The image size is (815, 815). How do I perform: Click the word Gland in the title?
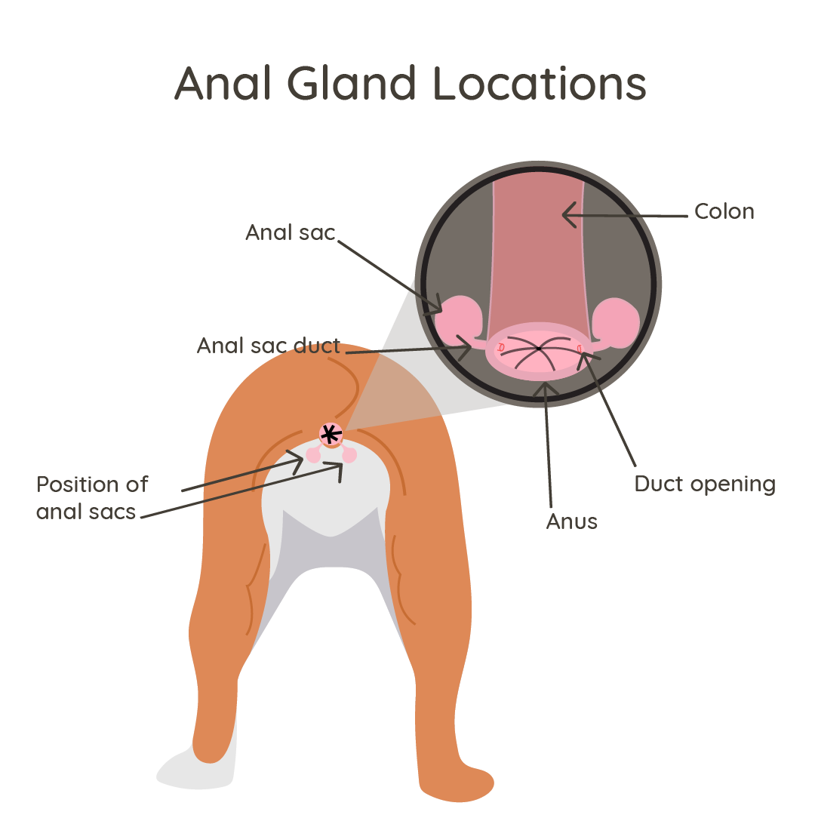click(352, 84)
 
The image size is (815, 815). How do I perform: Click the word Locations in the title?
click(541, 84)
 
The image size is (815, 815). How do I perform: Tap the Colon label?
click(724, 212)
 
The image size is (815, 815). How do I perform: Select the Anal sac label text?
click(290, 232)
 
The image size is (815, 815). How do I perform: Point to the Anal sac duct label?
click(269, 346)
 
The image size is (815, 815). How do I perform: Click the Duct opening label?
click(705, 484)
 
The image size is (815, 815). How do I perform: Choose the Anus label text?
click(572, 521)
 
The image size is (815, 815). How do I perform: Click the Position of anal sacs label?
click(92, 497)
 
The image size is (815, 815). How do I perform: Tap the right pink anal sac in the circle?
click(616, 321)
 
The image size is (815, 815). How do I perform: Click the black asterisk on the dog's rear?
click(331, 434)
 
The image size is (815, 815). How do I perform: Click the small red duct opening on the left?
click(500, 346)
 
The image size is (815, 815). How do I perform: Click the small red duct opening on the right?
click(580, 347)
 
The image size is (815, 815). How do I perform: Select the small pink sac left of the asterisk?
click(313, 455)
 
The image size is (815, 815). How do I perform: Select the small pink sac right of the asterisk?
click(349, 455)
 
